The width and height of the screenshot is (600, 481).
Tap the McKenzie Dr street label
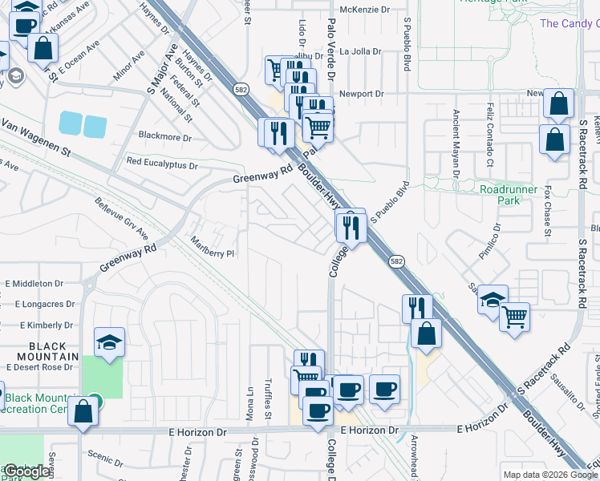click(364, 10)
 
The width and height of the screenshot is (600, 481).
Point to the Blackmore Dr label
click(166, 137)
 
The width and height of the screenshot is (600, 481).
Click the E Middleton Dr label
click(34, 284)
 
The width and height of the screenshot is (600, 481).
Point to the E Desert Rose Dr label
click(39, 367)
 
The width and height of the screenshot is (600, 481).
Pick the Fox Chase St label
click(548, 212)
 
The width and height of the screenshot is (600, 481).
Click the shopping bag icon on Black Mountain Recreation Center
click(83, 411)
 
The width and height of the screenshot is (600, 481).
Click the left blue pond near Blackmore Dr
click(70, 123)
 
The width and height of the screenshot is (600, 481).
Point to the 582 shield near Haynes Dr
click(239, 87)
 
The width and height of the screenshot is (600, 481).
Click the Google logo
click(26, 472)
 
